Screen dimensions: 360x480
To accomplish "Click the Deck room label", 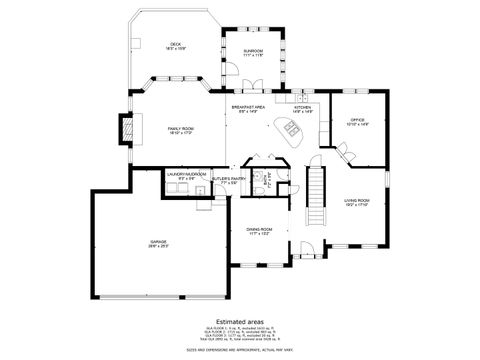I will coord(176,45).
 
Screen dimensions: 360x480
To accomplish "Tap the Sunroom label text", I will coord(252,53).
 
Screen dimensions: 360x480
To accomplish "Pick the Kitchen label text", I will coord(302,109).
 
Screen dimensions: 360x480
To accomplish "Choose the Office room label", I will coord(357,121).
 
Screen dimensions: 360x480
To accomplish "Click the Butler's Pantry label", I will coord(222,180).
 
